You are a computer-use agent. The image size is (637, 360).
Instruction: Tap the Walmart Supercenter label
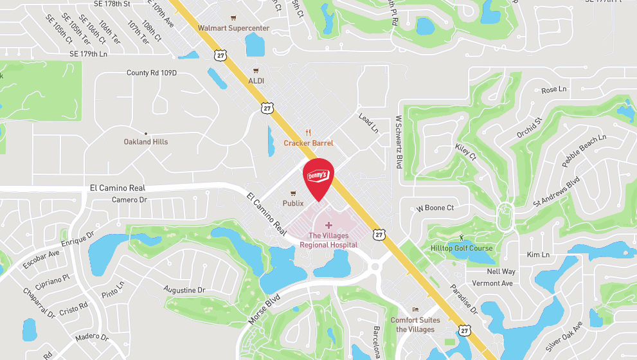233,28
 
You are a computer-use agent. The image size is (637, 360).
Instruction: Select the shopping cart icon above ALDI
256,71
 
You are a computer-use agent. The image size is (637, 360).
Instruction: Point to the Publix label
293,203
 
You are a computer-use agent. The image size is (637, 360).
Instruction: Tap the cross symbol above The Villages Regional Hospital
328,226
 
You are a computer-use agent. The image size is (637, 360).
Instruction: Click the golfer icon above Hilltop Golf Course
461,239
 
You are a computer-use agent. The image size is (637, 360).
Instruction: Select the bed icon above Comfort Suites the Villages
415,310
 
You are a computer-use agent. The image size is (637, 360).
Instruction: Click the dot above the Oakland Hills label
146,133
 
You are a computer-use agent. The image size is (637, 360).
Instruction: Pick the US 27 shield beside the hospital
379,235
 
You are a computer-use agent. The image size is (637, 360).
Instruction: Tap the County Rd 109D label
151,73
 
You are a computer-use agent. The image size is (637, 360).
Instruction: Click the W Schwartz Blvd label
399,141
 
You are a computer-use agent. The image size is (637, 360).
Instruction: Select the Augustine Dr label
184,290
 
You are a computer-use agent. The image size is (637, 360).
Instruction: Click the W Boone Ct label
435,208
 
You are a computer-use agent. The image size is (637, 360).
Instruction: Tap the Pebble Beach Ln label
584,151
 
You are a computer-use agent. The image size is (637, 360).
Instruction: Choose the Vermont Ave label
492,283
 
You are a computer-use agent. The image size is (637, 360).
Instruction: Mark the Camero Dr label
129,200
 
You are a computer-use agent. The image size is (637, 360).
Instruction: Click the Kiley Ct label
465,152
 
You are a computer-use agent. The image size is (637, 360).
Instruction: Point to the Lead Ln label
368,123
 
